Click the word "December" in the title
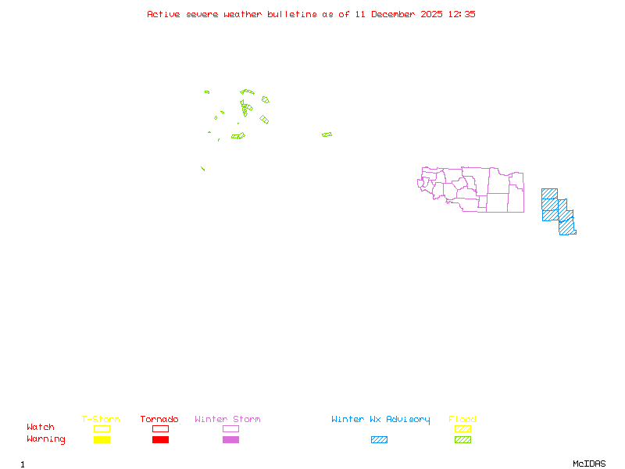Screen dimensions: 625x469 pyautogui.click(x=395, y=14)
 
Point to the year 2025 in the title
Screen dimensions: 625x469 pyautogui.click(x=432, y=14)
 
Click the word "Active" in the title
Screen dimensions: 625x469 pyautogui.click(x=163, y=14)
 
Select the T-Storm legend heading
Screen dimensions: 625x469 pyautogui.click(x=101, y=420)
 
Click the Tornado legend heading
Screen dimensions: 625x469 pyautogui.click(x=159, y=420)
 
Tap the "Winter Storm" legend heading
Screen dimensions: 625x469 pyautogui.click(x=227, y=420)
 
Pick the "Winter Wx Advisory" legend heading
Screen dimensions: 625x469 pyautogui.click(x=380, y=420)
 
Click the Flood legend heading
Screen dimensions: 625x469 pyautogui.click(x=462, y=420)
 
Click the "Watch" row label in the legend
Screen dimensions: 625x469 pyautogui.click(x=41, y=428)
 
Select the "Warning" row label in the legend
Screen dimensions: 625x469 pyautogui.click(x=46, y=439)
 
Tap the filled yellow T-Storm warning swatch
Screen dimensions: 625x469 pyautogui.click(x=102, y=440)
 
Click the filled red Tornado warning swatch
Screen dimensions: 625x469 pyautogui.click(x=160, y=440)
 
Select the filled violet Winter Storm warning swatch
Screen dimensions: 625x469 pyautogui.click(x=230, y=440)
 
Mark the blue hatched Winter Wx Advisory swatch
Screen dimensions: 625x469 pyautogui.click(x=379, y=440)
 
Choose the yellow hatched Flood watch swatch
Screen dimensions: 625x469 pyautogui.click(x=462, y=428)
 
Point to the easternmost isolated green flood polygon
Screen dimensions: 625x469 pyautogui.click(x=327, y=134)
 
